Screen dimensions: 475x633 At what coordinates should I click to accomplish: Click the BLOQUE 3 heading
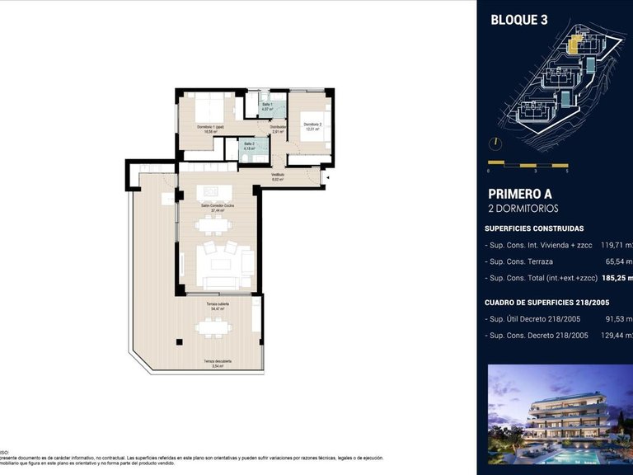tap(519, 20)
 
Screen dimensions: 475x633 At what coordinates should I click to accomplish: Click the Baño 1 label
tap(267, 106)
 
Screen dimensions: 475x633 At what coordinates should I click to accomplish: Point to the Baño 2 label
tap(249, 146)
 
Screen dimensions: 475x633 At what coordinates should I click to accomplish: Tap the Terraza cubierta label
tap(218, 306)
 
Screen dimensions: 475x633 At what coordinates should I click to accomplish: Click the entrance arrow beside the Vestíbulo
tap(327, 176)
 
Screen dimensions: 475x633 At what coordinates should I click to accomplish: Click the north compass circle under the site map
tap(495, 141)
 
